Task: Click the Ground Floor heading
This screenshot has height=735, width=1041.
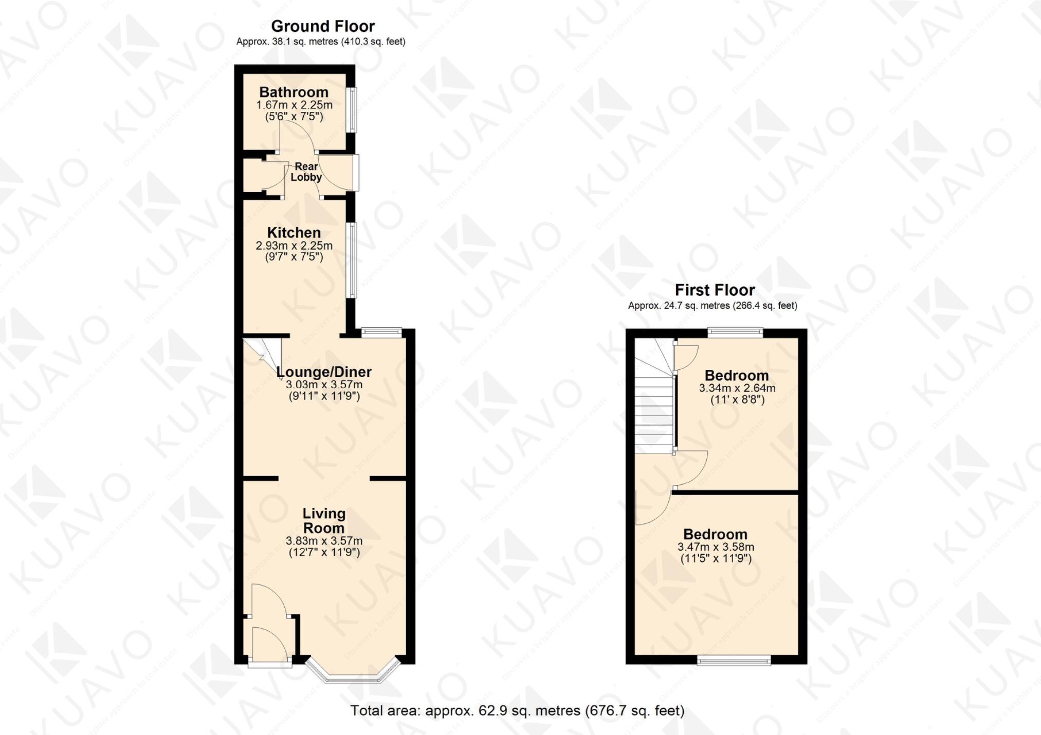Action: point(323,26)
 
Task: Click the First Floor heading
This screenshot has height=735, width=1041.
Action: point(715,290)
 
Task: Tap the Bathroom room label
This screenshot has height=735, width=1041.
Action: point(294,92)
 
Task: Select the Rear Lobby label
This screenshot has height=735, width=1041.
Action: point(306,172)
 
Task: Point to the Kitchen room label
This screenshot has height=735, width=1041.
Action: point(294,233)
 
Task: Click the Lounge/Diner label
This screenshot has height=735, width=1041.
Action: point(324,372)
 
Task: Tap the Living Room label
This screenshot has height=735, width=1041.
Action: point(324,520)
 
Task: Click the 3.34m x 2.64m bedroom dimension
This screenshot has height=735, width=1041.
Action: point(737,388)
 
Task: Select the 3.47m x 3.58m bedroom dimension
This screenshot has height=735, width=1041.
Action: point(716,547)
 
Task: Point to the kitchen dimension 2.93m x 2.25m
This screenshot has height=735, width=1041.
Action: point(294,246)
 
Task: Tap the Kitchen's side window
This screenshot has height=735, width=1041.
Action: point(352,260)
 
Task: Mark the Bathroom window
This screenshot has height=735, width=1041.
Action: point(353,110)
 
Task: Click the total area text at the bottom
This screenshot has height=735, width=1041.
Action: point(517,711)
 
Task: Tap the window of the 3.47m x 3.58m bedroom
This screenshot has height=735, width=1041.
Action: point(734,661)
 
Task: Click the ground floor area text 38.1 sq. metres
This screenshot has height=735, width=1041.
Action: point(320,42)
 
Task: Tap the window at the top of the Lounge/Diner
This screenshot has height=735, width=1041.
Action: point(381,332)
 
